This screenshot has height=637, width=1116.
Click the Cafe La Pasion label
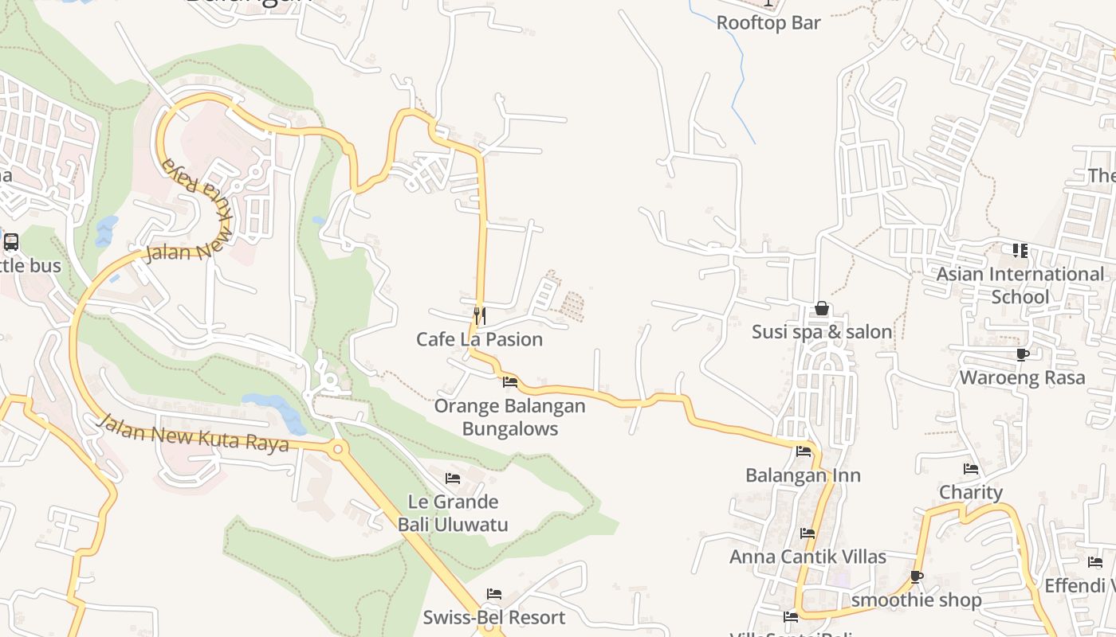pos(479,339)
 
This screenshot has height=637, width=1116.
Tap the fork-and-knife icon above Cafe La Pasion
pos(479,316)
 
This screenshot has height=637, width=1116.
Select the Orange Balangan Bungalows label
pos(509,417)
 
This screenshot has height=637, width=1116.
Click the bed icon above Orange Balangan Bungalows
pos(510,382)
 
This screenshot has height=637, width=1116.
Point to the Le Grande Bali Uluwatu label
pos(453,513)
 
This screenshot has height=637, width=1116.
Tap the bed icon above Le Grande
pos(453,479)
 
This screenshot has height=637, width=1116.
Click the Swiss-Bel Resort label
pos(493,617)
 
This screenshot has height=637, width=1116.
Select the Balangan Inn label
pos(803,475)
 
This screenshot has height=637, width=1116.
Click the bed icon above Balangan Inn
pos(804,451)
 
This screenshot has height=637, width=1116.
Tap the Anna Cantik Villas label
pos(808,557)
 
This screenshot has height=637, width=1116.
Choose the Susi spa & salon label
pos(822,331)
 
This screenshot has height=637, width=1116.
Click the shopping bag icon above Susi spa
pos(822,308)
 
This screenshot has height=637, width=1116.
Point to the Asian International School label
pos(1020,285)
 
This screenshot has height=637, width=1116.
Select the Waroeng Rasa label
pos(1022,377)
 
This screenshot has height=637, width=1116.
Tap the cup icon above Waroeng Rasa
pos(1022,354)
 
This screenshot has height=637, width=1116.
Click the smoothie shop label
pos(916,600)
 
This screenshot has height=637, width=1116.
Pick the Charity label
pos(970,492)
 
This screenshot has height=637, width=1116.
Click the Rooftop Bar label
pos(768,22)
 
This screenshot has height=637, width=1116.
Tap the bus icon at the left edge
pos(11,242)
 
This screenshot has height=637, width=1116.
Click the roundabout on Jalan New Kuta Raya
pos(338,449)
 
